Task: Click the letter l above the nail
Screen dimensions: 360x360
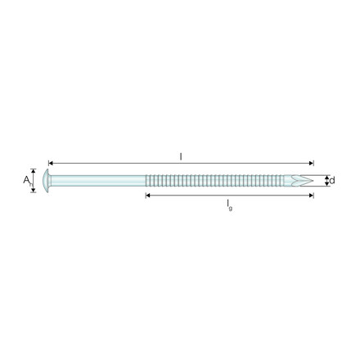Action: (x=181, y=156)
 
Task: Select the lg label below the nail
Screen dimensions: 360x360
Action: (x=230, y=205)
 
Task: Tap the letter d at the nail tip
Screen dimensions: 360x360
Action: (x=332, y=180)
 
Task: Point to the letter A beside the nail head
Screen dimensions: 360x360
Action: (x=26, y=180)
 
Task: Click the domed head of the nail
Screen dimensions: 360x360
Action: (x=47, y=181)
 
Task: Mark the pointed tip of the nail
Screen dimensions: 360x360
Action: (x=313, y=181)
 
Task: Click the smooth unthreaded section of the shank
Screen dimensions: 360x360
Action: (x=98, y=181)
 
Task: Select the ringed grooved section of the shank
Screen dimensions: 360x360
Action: (x=214, y=181)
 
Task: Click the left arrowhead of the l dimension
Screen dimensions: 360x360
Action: (x=51, y=164)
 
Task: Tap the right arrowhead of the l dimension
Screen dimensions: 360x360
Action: (x=312, y=164)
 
